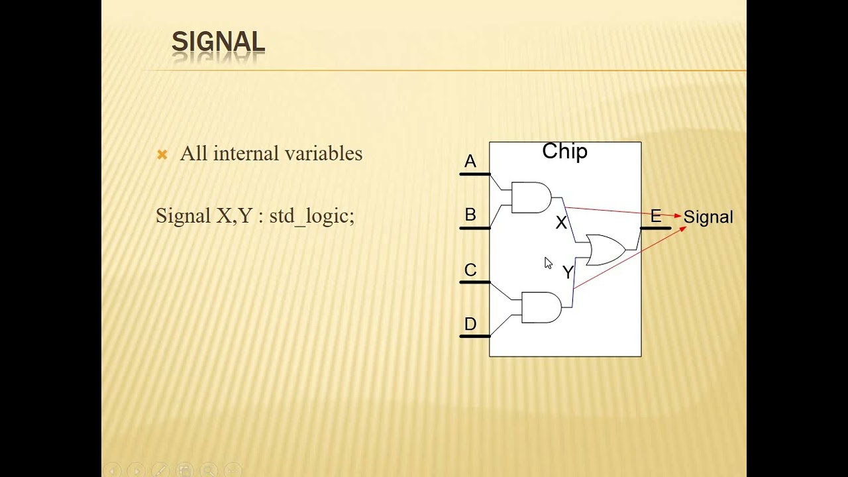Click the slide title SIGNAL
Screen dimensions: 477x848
tap(218, 42)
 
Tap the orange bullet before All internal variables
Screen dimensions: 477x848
tap(162, 154)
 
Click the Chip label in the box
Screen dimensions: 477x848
tap(564, 152)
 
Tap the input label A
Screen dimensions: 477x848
tap(470, 162)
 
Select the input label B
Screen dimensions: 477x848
tap(470, 215)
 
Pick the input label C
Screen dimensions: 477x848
tap(470, 270)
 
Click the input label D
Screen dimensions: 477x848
tap(470, 325)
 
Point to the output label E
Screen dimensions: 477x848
tap(655, 216)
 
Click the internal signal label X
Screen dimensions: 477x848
tap(561, 223)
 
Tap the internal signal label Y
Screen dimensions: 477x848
tap(567, 272)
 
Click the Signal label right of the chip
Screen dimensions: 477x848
tap(708, 217)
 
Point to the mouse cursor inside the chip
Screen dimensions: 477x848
tap(548, 263)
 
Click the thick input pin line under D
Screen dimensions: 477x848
tap(474, 336)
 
